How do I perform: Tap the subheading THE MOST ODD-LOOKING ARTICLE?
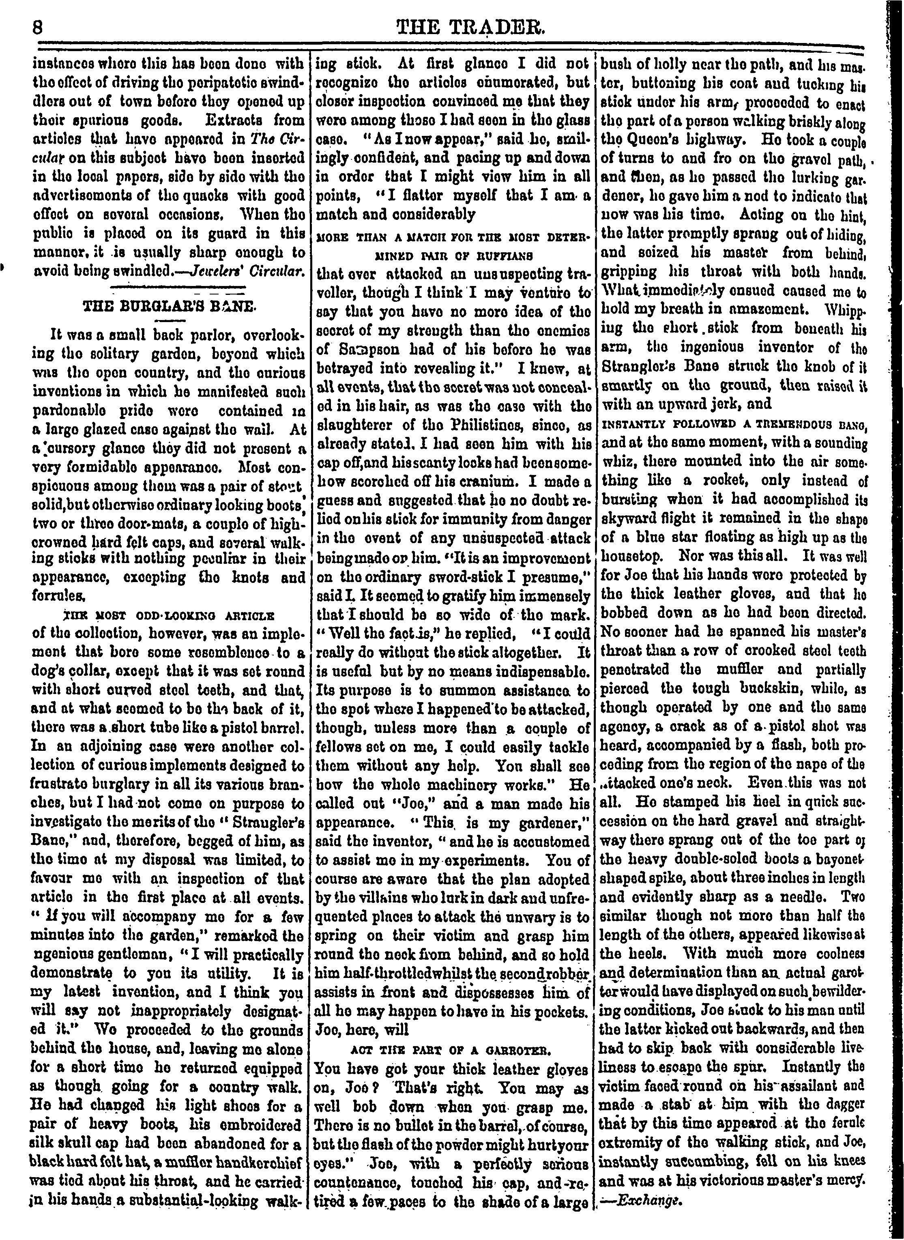[169, 615]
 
